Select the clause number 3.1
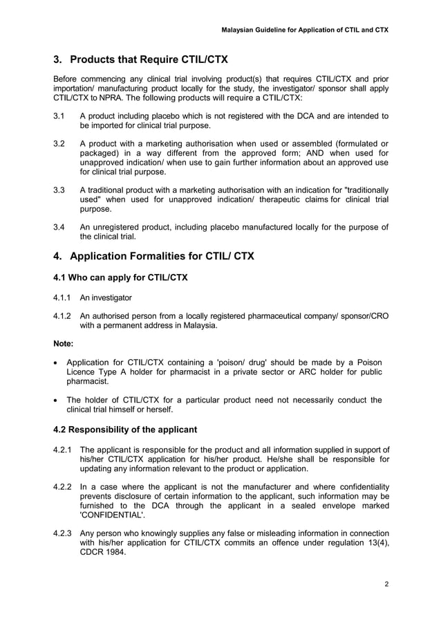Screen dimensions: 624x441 click(x=59, y=116)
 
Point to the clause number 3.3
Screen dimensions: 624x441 click(x=59, y=190)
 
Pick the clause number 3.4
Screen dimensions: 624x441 click(x=59, y=226)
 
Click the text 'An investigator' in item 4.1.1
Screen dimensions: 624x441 click(x=106, y=298)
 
